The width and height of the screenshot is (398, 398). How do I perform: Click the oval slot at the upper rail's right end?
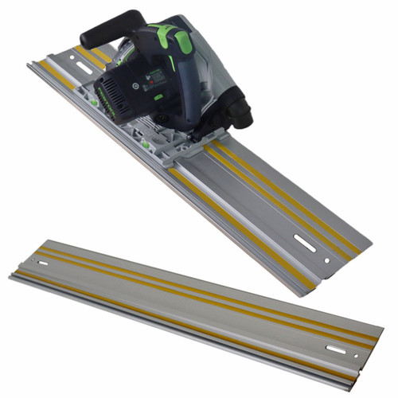tap(305, 240)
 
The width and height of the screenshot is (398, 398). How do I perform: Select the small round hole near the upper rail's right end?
tap(326, 259)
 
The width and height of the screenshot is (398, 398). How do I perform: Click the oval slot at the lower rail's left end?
tap(42, 259)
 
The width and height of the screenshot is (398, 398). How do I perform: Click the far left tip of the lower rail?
tap(10, 276)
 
